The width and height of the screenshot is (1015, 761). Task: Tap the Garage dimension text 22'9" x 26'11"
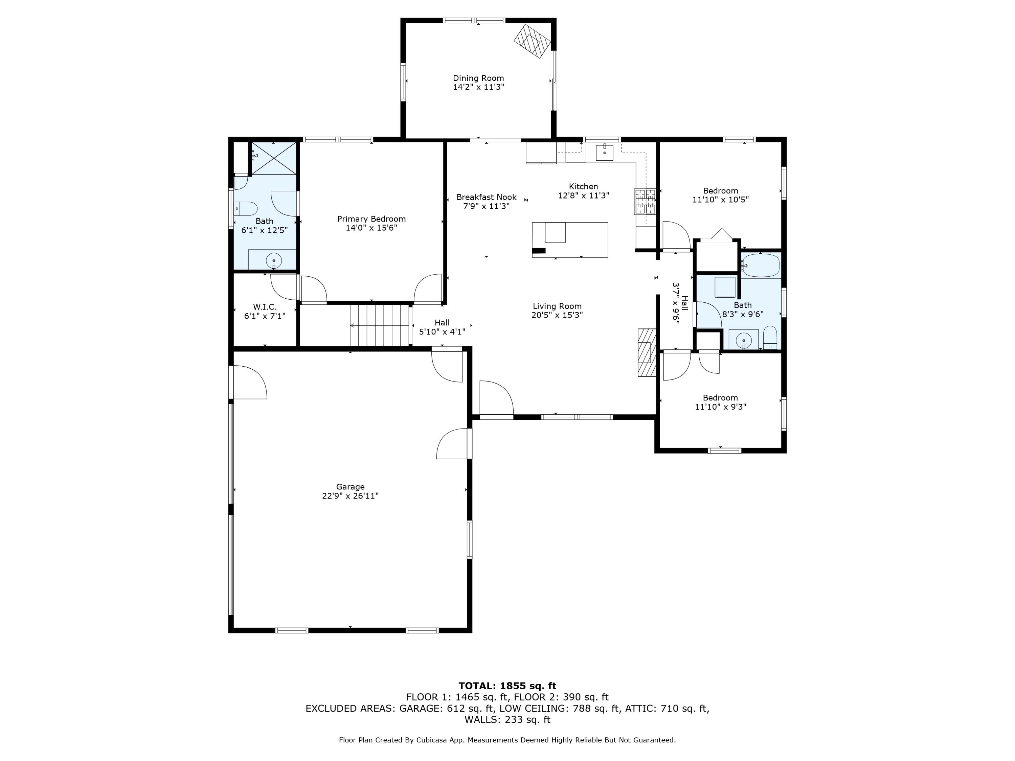tap(350, 496)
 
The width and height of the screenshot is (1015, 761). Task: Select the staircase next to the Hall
tap(380, 325)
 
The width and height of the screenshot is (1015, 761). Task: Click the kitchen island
tap(570, 240)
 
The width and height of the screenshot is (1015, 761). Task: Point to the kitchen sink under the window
tap(605, 152)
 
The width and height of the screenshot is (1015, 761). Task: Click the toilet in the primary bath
tap(246, 209)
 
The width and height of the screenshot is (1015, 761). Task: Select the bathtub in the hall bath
tap(761, 265)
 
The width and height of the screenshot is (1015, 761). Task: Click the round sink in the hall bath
tap(743, 340)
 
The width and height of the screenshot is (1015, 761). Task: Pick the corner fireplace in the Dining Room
tap(532, 41)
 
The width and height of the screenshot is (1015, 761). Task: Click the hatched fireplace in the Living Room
tap(647, 352)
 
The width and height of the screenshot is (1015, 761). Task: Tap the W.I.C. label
tap(265, 307)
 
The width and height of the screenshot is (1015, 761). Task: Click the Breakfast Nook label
tap(487, 197)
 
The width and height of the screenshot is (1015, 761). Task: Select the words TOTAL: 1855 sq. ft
tap(507, 686)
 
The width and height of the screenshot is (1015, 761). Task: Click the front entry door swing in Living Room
tap(496, 398)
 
